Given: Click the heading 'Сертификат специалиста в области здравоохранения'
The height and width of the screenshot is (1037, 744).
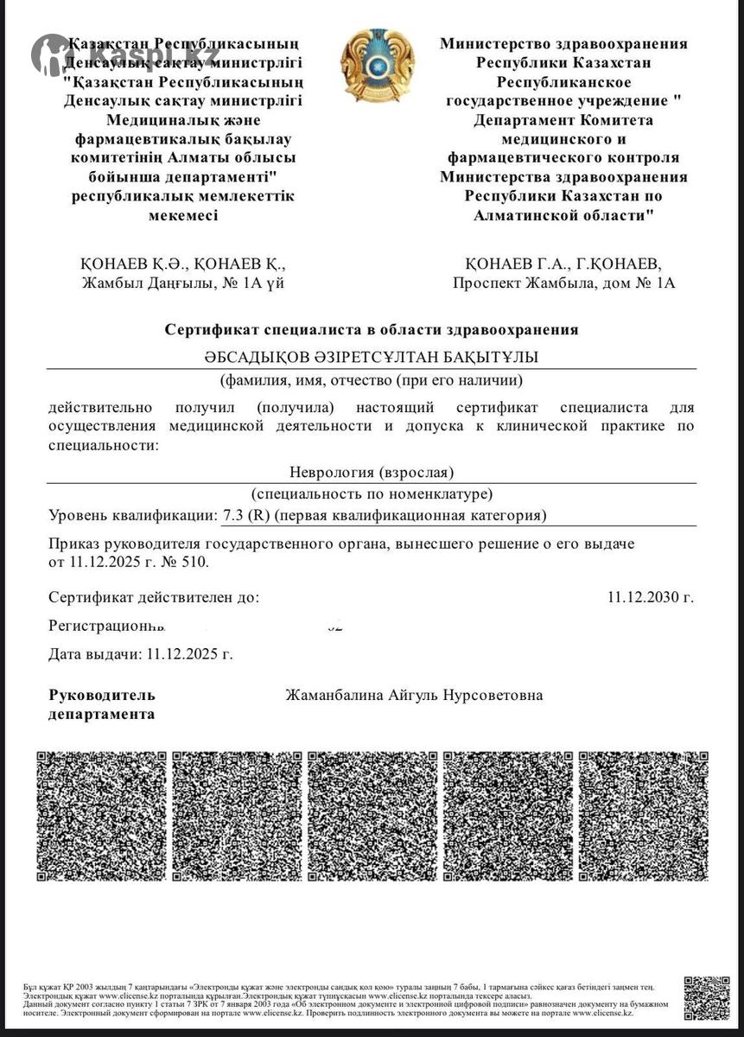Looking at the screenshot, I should [x=372, y=329].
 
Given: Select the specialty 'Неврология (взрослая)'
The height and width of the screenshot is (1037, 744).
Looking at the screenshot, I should [x=372, y=472].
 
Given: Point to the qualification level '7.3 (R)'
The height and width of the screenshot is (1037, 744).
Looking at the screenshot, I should [x=245, y=516].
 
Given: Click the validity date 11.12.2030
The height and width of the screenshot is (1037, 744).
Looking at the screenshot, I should [x=650, y=596].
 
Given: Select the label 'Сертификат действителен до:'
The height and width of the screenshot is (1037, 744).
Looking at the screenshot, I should [x=154, y=596].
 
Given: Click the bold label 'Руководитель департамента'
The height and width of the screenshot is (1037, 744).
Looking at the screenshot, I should [x=102, y=704].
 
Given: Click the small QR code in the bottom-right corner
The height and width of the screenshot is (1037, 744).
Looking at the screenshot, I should [x=706, y=998].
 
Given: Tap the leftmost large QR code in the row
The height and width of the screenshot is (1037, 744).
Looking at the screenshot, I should [x=101, y=816].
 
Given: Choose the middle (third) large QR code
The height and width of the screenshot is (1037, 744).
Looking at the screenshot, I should [x=372, y=816].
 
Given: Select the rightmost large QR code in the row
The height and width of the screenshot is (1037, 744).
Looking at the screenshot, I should [x=643, y=816].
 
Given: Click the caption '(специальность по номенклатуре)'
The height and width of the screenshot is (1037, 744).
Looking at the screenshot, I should [x=372, y=494].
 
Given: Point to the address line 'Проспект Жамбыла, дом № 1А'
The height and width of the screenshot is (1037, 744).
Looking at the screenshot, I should [x=563, y=283].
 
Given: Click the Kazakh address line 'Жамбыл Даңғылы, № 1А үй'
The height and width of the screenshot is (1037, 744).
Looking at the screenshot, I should [x=183, y=283].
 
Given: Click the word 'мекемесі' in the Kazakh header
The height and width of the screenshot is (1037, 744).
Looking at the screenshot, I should [x=183, y=215].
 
